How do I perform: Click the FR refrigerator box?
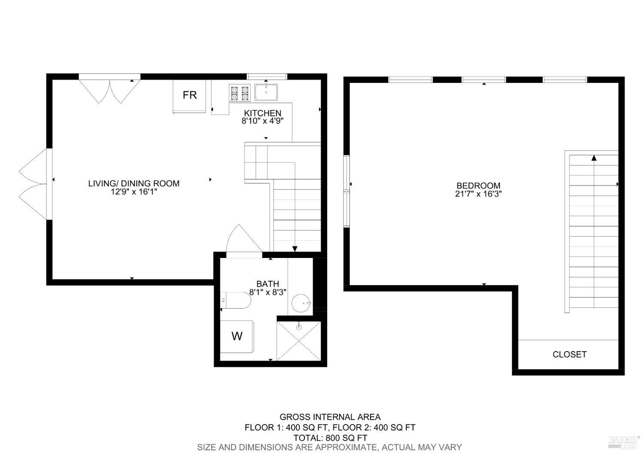click(189, 96)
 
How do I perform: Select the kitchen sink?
click(266, 92)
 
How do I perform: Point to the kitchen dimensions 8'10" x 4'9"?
click(262, 121)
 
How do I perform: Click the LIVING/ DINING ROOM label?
click(134, 183)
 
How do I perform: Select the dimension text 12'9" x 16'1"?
click(134, 192)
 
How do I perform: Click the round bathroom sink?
click(301, 303)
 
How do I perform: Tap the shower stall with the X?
click(299, 341)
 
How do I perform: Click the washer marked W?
click(237, 336)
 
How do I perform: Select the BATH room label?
click(267, 284)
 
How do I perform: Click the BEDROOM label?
click(478, 185)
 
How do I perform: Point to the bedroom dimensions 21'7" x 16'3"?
click(478, 194)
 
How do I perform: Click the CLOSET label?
click(569, 354)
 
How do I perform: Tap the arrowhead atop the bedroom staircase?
click(594, 158)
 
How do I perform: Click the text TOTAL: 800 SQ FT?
click(330, 438)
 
